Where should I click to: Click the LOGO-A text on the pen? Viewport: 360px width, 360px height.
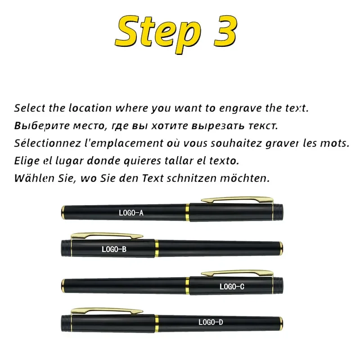[131, 213]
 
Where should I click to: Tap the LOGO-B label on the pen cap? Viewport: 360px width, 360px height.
[114, 249]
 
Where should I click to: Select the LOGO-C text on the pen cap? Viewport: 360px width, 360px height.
[232, 287]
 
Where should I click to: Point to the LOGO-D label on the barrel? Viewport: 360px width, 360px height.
[211, 322]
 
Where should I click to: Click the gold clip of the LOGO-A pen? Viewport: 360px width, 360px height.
[238, 199]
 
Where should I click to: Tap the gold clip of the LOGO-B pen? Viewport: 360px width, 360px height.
[107, 235]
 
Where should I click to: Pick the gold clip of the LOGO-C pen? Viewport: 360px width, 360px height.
[238, 273]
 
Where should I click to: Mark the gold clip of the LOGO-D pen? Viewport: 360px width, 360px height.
[107, 311]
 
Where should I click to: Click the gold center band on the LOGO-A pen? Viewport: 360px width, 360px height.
[187, 212]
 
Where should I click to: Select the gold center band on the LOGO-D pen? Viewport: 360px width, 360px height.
[157, 324]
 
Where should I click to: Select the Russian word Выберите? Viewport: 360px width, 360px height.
[42, 126]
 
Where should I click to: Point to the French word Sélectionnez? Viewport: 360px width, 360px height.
[48, 143]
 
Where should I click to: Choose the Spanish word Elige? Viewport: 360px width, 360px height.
[27, 161]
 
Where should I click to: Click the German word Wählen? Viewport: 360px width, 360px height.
[34, 178]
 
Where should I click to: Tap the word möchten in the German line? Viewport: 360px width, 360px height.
[245, 178]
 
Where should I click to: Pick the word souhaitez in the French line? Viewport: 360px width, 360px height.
[236, 143]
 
